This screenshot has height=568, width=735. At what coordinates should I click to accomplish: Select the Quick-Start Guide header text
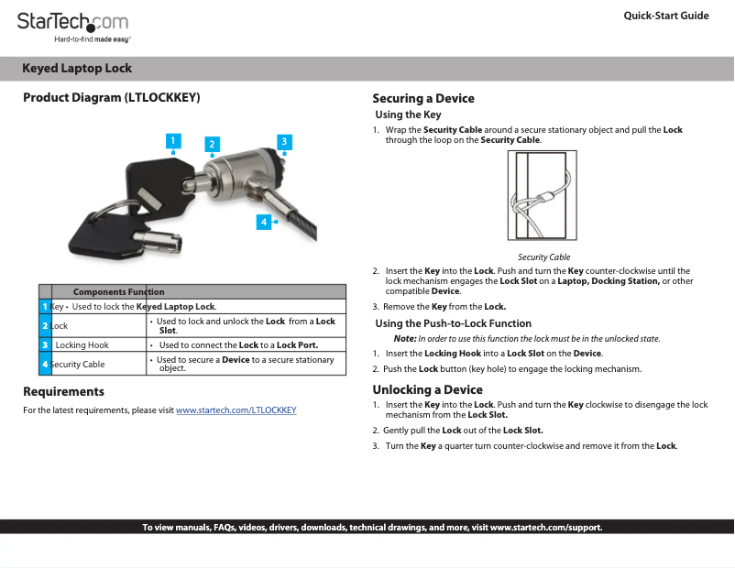pyautogui.click(x=665, y=16)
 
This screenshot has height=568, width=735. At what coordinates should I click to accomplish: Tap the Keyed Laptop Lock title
pyautogui.click(x=77, y=69)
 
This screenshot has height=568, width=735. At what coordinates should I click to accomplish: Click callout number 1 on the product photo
pyautogui.click(x=171, y=140)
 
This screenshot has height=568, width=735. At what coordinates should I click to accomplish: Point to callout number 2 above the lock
pyautogui.click(x=212, y=144)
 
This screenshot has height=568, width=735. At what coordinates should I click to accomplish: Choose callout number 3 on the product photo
pyautogui.click(x=284, y=141)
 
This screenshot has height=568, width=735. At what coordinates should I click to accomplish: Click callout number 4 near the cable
pyautogui.click(x=263, y=222)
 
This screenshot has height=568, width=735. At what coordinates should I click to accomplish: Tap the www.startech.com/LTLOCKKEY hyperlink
pyautogui.click(x=236, y=410)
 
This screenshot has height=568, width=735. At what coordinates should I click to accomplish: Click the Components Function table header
pyautogui.click(x=118, y=291)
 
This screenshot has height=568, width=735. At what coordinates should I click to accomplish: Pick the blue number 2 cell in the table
pyautogui.click(x=44, y=326)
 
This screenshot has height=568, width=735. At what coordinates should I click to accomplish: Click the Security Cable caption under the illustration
pyautogui.click(x=543, y=257)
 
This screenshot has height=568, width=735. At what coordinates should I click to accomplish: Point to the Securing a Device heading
pyautogui.click(x=422, y=99)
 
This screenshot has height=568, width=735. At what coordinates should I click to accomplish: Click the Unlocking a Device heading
pyautogui.click(x=427, y=389)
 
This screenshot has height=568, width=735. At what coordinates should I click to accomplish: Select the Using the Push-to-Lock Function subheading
pyautogui.click(x=453, y=323)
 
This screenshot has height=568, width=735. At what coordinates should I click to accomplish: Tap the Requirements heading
pyautogui.click(x=63, y=392)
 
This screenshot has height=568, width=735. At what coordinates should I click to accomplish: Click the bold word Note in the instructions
pyautogui.click(x=405, y=339)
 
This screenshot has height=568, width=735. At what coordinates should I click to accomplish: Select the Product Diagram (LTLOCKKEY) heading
pyautogui.click(x=111, y=98)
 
